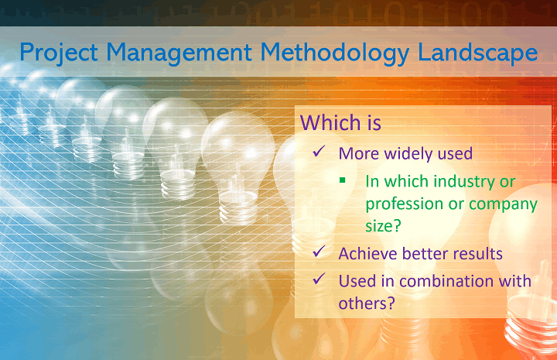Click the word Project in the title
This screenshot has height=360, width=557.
click(60, 53)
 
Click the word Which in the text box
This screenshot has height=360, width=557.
click(330, 122)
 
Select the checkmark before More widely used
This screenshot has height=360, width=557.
click(318, 152)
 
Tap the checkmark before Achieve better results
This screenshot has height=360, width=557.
click(318, 252)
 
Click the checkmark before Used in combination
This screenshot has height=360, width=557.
click(318, 279)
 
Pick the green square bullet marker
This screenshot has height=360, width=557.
click(342, 181)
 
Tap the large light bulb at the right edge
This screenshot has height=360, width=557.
click(526, 248)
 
